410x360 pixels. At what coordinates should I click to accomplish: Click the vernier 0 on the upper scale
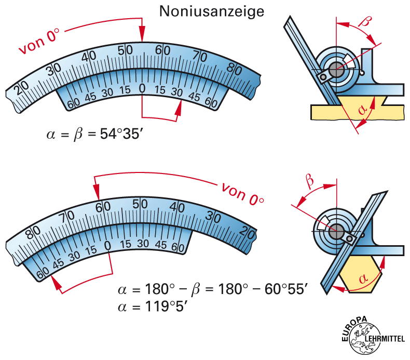(142, 89)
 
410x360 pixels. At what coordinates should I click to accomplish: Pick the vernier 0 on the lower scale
(108, 245)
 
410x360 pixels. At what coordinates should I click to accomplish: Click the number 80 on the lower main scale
(33, 233)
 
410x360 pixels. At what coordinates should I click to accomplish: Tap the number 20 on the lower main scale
(247, 232)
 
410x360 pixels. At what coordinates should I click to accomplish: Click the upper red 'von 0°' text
(39, 41)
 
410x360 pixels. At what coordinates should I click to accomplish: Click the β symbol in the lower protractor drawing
(310, 181)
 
